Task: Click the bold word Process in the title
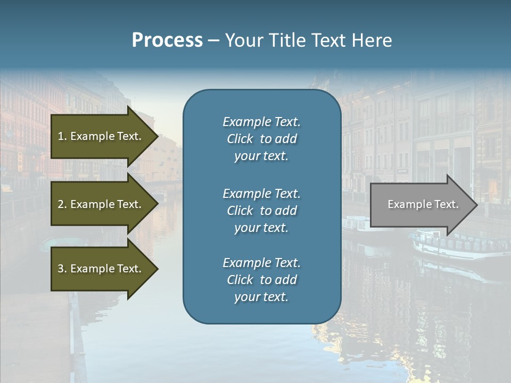(x=167, y=40)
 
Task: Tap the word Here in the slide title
(x=372, y=40)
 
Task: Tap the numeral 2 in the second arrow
(x=61, y=204)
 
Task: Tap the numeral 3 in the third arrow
(x=61, y=269)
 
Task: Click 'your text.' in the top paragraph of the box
(x=261, y=156)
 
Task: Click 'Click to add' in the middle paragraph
(x=261, y=211)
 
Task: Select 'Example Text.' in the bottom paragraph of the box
(x=261, y=263)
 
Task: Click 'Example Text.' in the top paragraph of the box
(x=261, y=122)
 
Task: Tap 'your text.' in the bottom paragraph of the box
(x=261, y=297)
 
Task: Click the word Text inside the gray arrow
(x=447, y=204)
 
